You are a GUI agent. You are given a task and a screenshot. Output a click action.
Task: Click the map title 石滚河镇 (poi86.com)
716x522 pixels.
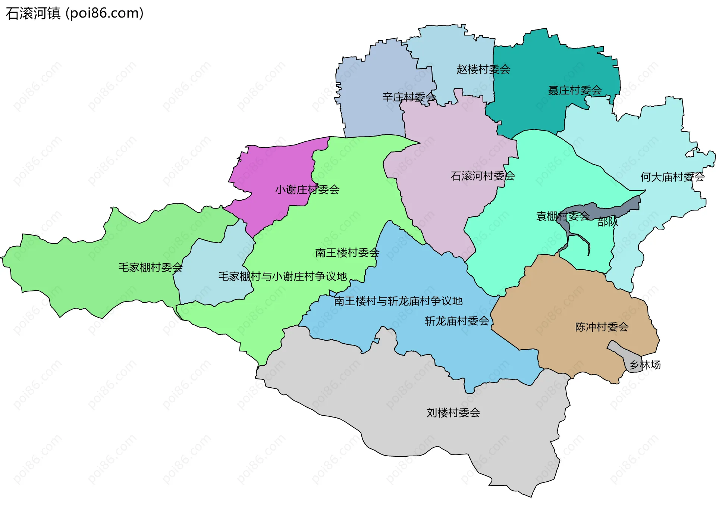click(75, 13)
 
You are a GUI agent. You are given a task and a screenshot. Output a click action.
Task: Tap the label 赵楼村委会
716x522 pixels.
click(483, 69)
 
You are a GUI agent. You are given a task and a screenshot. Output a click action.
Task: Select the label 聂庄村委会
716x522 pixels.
click(575, 90)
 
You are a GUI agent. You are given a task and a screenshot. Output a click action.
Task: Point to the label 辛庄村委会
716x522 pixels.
click(409, 97)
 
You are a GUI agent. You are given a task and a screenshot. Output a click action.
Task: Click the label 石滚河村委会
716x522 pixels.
click(483, 176)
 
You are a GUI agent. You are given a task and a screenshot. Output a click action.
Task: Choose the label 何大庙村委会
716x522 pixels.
click(672, 177)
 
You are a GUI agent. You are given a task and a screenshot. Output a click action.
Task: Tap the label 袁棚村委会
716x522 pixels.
click(562, 216)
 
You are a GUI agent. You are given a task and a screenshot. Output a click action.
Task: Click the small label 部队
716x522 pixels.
click(607, 222)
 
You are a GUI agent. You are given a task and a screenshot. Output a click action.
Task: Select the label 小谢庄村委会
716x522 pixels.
click(307, 190)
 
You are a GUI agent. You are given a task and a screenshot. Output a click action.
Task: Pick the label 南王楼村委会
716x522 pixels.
click(347, 253)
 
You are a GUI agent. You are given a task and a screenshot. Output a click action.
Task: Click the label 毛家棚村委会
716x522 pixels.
click(150, 268)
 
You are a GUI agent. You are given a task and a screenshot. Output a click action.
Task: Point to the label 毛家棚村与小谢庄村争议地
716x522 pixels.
click(283, 276)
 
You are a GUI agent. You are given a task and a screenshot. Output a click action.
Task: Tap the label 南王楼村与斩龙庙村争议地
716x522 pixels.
click(398, 301)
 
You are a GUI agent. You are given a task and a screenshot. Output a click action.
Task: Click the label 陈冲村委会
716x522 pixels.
click(602, 327)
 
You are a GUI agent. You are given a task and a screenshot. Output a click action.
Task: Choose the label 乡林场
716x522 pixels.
click(645, 365)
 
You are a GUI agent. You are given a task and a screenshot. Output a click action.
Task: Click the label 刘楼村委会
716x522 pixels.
click(453, 413)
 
